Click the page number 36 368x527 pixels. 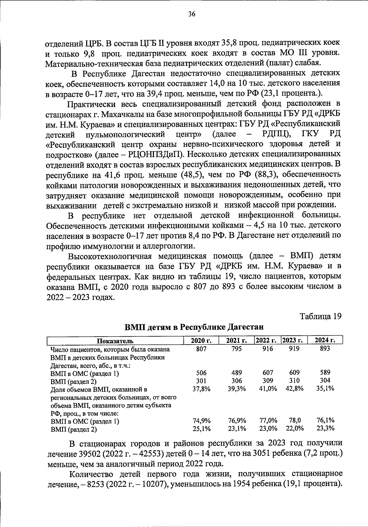(192, 14)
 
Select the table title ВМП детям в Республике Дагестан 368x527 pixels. (194, 327)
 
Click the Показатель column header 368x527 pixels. (115, 341)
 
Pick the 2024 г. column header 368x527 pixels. (325, 340)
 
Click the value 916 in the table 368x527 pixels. (268, 349)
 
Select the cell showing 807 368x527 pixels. (201, 349)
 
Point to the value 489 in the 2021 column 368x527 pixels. (236, 373)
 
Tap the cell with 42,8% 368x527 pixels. (294, 389)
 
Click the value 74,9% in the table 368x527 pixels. (201, 421)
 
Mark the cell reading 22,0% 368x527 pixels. (294, 429)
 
